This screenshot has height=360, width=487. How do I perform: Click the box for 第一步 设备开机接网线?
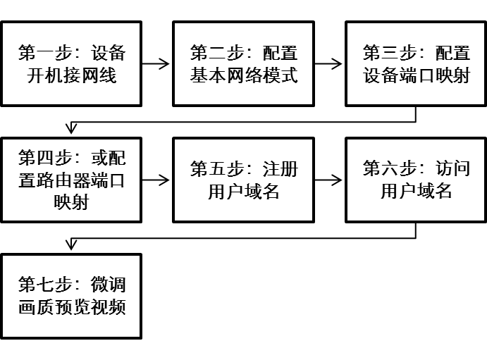pyautogui.click(x=71, y=63)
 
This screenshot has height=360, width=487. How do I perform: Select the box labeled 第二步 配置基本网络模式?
pyautogui.click(x=243, y=63)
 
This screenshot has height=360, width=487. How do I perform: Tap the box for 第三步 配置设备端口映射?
pyautogui.click(x=416, y=63)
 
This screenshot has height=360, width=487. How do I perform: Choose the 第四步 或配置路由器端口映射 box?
pyautogui.click(x=71, y=180)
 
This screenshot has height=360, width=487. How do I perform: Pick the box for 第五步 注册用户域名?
pyautogui.click(x=243, y=180)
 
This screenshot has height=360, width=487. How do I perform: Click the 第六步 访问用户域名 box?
pyautogui.click(x=416, y=180)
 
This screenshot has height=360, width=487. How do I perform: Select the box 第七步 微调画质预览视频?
pyautogui.click(x=71, y=296)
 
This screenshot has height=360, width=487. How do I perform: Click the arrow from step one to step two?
pyautogui.click(x=156, y=64)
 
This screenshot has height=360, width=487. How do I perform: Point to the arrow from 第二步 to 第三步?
pyautogui.click(x=329, y=64)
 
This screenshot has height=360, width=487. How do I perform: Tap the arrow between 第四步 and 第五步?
pyautogui.click(x=156, y=180)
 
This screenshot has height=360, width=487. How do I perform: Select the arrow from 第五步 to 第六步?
pyautogui.click(x=329, y=180)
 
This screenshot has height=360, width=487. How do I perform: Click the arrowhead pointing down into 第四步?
pyautogui.click(x=70, y=129)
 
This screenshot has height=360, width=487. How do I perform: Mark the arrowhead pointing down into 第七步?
pyautogui.click(x=70, y=244)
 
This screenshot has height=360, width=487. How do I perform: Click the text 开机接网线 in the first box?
pyautogui.click(x=71, y=75)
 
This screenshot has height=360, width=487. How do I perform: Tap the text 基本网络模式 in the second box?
pyautogui.click(x=243, y=75)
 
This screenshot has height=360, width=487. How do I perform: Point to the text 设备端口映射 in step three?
pyautogui.click(x=416, y=75)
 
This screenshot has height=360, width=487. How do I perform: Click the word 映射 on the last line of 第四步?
pyautogui.click(x=71, y=201)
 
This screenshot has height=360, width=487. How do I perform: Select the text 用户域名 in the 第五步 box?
pyautogui.click(x=243, y=192)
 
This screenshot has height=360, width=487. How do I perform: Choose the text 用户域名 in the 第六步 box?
pyautogui.click(x=416, y=192)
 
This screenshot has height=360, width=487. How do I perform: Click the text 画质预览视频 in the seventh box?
pyautogui.click(x=71, y=308)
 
